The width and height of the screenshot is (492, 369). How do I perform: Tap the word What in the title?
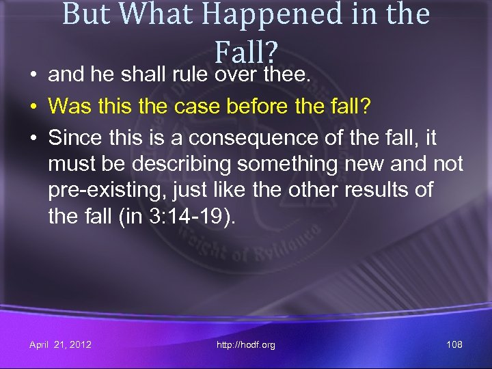pos(150,14)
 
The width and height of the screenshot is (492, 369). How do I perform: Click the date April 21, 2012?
pos(60,344)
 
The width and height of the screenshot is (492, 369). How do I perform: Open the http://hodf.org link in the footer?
pos(245,344)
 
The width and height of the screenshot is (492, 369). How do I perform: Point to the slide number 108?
pos(454,344)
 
